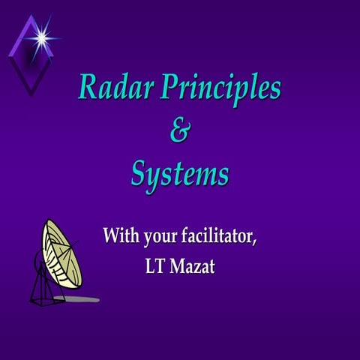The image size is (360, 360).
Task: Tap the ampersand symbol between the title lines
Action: click(x=180, y=132)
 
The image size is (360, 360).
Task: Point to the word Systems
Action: click(x=180, y=176)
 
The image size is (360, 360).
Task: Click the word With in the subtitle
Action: click(x=121, y=238)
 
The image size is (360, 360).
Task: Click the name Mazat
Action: click(x=193, y=266)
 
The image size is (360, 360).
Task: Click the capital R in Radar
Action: click(x=88, y=88)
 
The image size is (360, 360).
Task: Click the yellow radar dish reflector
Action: click(x=60, y=251)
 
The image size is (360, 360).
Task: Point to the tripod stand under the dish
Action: click(x=46, y=289)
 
